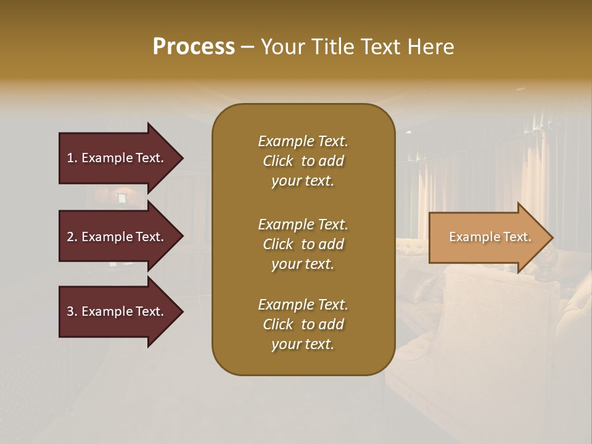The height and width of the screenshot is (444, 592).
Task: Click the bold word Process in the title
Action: click(x=194, y=47)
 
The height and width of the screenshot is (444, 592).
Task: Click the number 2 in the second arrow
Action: click(x=70, y=237)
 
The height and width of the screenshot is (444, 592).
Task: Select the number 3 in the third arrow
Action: click(x=70, y=311)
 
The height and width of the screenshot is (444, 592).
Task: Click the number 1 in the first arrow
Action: click(x=70, y=158)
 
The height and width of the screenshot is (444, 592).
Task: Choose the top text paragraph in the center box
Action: click(x=303, y=161)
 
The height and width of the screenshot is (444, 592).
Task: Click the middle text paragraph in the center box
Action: click(x=303, y=244)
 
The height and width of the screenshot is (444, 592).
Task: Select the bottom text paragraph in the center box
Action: click(x=303, y=324)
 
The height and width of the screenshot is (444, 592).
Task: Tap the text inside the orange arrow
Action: click(x=490, y=237)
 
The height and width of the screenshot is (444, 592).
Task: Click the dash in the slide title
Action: click(x=247, y=47)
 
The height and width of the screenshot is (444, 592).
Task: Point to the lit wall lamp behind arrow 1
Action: click(x=121, y=195)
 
